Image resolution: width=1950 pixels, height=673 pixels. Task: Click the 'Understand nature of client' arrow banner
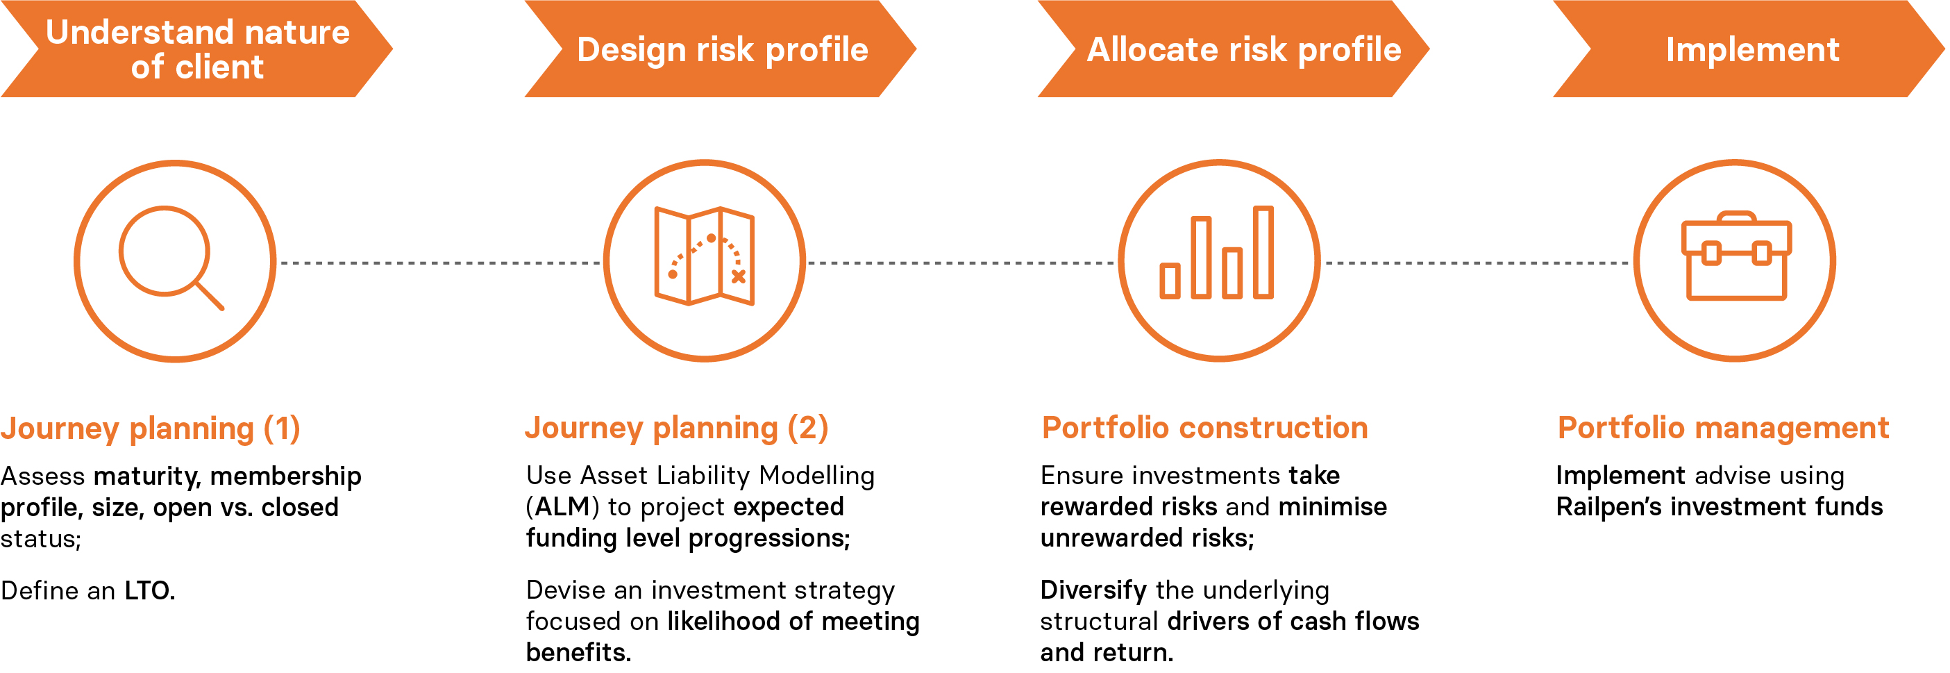(x=197, y=49)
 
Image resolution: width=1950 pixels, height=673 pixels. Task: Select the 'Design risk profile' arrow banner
(x=721, y=49)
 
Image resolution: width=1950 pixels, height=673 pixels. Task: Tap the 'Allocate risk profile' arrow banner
(x=1234, y=49)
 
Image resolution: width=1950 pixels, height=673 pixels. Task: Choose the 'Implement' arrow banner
(x=1749, y=49)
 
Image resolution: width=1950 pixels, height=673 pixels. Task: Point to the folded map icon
(x=705, y=256)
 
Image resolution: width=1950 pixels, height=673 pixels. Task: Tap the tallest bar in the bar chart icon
(x=1263, y=252)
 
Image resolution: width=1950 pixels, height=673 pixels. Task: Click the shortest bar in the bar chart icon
(x=1170, y=281)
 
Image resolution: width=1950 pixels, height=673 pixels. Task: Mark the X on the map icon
(x=738, y=276)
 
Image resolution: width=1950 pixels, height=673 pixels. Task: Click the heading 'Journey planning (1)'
(x=151, y=429)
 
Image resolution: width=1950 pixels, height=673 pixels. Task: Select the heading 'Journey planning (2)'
(x=677, y=429)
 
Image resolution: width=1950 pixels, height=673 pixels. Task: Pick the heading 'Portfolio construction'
(x=1205, y=428)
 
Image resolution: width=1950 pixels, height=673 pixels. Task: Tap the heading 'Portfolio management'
(x=1724, y=428)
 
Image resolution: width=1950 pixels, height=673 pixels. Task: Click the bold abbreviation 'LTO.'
(x=150, y=590)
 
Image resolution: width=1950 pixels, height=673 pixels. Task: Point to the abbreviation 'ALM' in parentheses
(x=562, y=506)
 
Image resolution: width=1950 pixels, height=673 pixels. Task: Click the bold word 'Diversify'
(x=1093, y=590)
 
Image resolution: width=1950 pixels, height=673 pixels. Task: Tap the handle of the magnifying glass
(x=210, y=296)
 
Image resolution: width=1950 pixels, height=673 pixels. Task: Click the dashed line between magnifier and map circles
(x=440, y=263)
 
